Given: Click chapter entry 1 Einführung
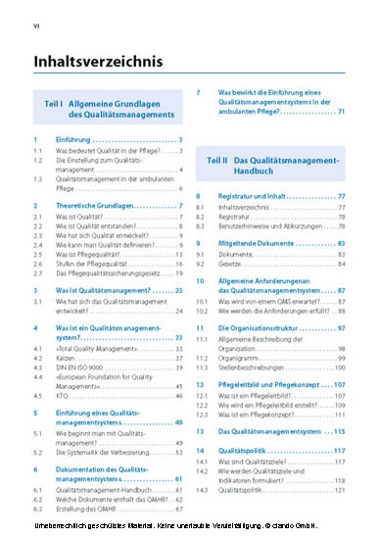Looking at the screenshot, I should click(x=88, y=140).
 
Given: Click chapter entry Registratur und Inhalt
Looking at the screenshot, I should click(x=261, y=197).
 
